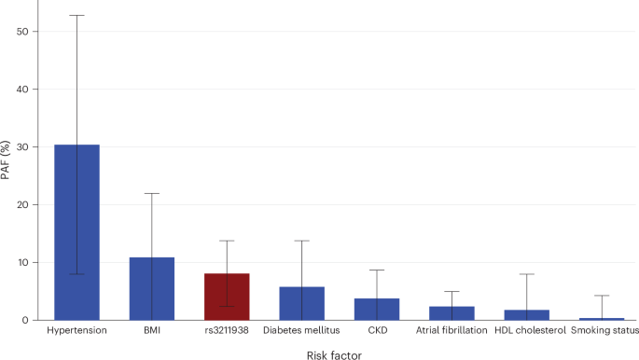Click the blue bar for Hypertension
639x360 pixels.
76,233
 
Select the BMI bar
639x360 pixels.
151,289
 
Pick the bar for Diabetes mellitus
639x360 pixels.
301,303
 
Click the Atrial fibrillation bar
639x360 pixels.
451,313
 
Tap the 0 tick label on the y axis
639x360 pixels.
35,321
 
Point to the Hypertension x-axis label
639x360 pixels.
76,330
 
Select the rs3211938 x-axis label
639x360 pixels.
227,330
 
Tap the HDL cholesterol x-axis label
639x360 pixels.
527,330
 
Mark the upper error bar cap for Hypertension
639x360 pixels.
76,16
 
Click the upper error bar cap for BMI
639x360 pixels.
151,193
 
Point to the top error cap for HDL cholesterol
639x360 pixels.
527,274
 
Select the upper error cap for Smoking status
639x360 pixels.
602,296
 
